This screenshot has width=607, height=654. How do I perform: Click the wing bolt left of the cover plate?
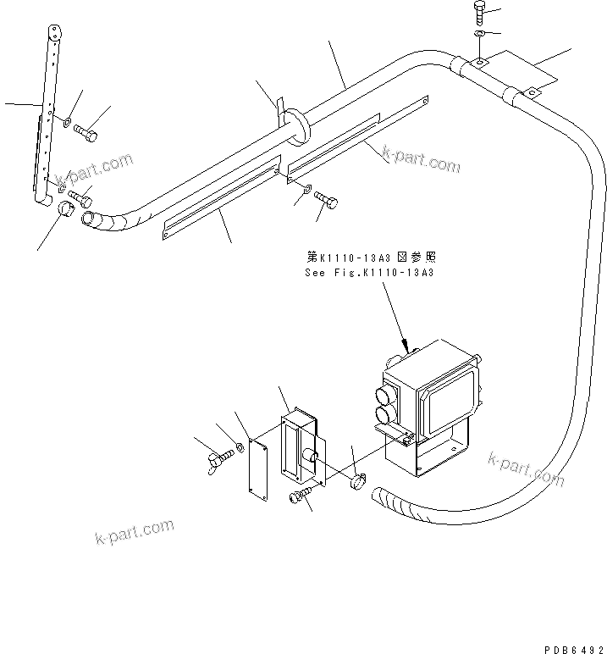pyautogui.click(x=221, y=460)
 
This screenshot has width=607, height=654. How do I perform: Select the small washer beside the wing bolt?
pyautogui.click(x=241, y=446)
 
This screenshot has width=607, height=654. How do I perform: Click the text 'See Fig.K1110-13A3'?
pyautogui.click(x=369, y=272)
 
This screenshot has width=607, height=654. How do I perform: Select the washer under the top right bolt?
pyautogui.click(x=477, y=33)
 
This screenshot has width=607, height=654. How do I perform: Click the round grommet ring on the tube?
pyautogui.click(x=295, y=123)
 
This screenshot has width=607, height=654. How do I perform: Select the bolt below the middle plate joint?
pyautogui.click(x=328, y=200)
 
